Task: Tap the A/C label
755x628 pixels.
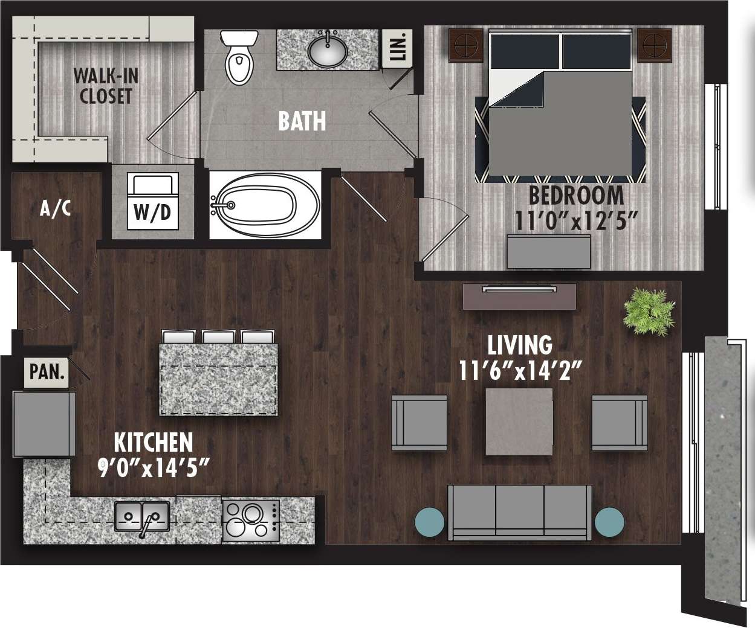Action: pyautogui.click(x=56, y=209)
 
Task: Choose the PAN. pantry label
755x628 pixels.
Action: pyautogui.click(x=48, y=371)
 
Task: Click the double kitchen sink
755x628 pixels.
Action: pyautogui.click(x=142, y=515)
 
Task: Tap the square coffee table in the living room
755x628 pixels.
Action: pyautogui.click(x=520, y=421)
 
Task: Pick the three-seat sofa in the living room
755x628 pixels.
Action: pyautogui.click(x=520, y=512)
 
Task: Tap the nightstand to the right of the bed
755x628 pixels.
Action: pyautogui.click(x=653, y=45)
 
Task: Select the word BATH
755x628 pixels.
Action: pyautogui.click(x=302, y=121)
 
